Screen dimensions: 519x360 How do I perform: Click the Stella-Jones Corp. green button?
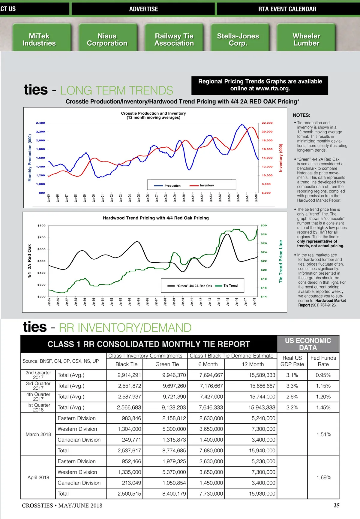238,40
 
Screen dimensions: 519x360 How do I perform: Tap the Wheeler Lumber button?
306,40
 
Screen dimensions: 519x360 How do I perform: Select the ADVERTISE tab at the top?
143,9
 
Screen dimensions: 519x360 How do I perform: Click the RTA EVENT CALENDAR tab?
287,9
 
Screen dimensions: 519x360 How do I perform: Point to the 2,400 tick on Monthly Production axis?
40,123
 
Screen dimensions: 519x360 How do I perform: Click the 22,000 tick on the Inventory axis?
267,123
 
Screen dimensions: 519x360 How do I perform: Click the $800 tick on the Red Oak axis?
41,225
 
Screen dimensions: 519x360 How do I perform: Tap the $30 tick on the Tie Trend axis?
264,225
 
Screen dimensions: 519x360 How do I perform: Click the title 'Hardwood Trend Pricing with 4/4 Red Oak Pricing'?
156,218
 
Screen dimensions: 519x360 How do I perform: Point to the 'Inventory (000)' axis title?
281,158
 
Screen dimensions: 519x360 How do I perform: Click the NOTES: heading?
301,115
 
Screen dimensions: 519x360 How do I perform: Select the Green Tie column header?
167,364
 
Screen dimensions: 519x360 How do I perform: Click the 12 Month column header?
253,364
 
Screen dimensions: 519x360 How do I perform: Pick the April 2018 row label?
38,478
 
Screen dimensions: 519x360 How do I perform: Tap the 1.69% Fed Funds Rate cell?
324,478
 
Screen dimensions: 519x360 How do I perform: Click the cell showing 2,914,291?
129,375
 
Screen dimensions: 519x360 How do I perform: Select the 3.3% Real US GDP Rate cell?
292,386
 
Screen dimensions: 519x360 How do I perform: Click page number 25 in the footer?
337,505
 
